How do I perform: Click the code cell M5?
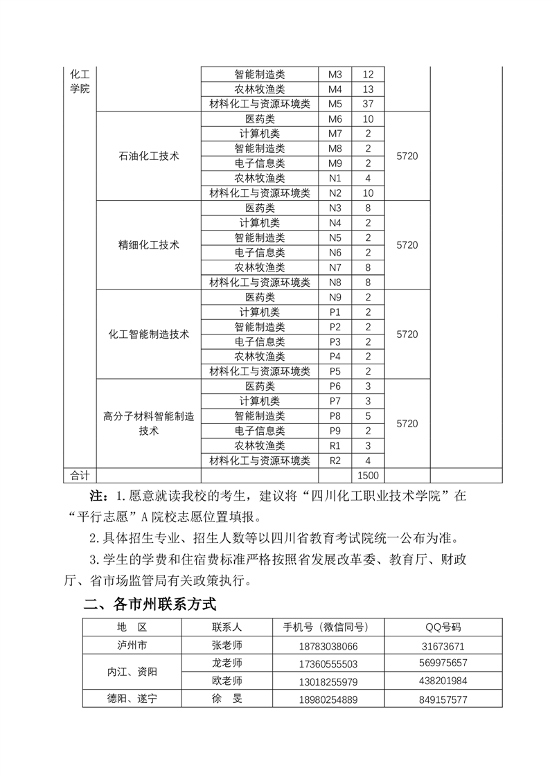pyautogui.click(x=335, y=104)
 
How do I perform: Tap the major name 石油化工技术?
pyautogui.click(x=149, y=156)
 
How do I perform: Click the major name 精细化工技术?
pyautogui.click(x=149, y=245)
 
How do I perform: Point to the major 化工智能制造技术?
pyautogui.click(x=149, y=334)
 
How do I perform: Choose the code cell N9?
pyautogui.click(x=335, y=297)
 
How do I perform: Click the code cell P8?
pyautogui.click(x=335, y=416)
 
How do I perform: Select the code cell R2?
pyautogui.click(x=335, y=461)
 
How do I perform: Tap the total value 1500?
pyautogui.click(x=368, y=476)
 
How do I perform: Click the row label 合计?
pyautogui.click(x=80, y=476)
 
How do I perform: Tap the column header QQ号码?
pyautogui.click(x=443, y=627)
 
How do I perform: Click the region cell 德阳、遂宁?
pyautogui.click(x=132, y=699)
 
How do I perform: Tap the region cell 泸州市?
pyautogui.click(x=132, y=645)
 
